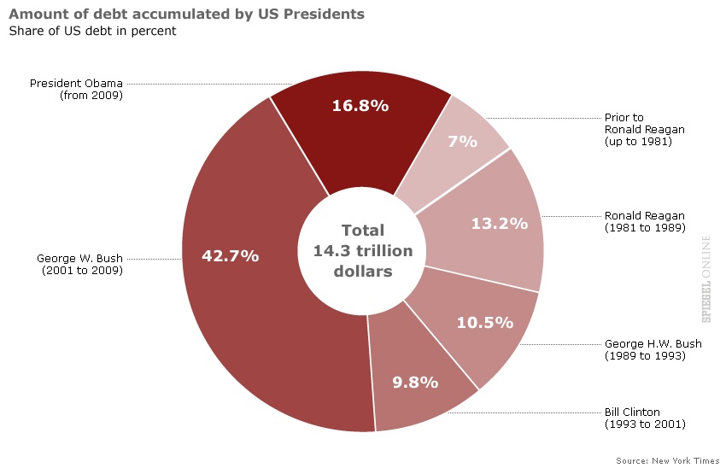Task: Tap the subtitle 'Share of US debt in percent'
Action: click(92, 32)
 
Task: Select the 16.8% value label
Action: click(360, 106)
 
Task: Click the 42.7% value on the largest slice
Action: click(230, 255)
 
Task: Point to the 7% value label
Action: click(462, 141)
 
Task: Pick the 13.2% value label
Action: click(499, 224)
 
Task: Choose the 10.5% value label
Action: click(484, 322)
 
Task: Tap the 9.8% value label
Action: click(415, 382)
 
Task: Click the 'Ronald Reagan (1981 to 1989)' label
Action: click(645, 222)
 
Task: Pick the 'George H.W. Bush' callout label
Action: click(653, 349)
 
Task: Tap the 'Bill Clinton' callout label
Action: click(644, 418)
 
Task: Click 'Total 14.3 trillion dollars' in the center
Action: click(363, 251)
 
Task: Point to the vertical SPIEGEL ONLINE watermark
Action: click(706, 278)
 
